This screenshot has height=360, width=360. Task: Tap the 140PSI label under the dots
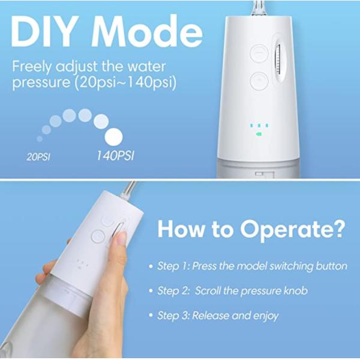point(115,155)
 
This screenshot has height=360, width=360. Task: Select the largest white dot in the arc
point(114,136)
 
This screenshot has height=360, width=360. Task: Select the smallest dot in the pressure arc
point(40,139)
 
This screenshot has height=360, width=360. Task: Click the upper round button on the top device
point(259,52)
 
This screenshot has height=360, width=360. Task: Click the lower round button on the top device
point(259,80)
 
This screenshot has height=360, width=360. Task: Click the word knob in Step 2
point(296,290)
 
